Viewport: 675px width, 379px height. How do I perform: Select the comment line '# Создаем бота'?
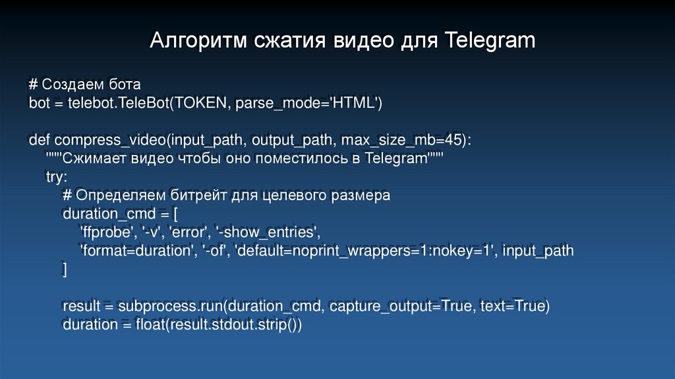coord(85,85)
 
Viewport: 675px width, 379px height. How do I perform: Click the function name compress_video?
coord(109,140)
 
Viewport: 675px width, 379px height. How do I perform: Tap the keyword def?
coord(40,140)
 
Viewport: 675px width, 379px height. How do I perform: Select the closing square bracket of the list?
coord(65,269)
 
